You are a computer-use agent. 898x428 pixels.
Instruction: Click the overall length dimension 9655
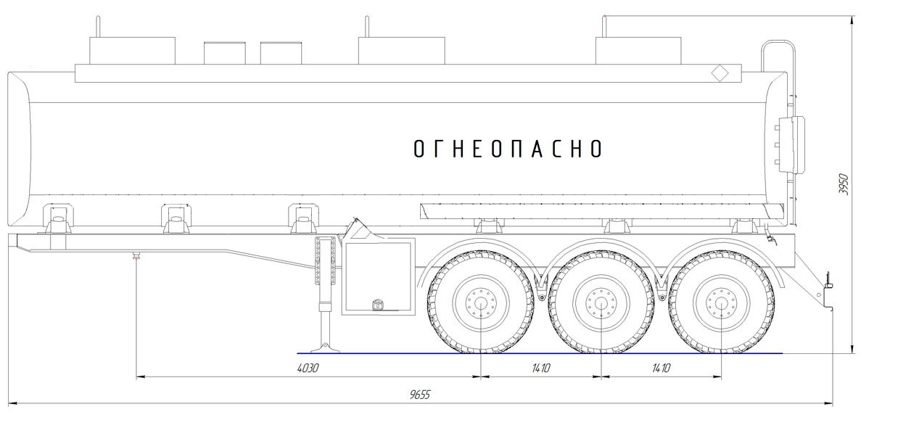[x=420, y=395]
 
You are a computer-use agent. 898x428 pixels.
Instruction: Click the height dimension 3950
[x=844, y=184]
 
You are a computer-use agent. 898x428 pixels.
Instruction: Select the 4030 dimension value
[x=308, y=368]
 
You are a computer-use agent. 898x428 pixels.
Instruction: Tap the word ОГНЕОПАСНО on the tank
[x=508, y=149]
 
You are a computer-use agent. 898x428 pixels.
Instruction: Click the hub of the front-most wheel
[x=481, y=303]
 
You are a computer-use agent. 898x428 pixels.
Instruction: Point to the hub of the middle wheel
[x=601, y=303]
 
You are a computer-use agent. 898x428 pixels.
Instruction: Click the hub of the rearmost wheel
[x=721, y=303]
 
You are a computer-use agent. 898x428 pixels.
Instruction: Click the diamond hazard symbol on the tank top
[x=720, y=73]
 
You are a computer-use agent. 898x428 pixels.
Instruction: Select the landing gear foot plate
[x=326, y=349]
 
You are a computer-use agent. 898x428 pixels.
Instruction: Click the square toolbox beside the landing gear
[x=379, y=276]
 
